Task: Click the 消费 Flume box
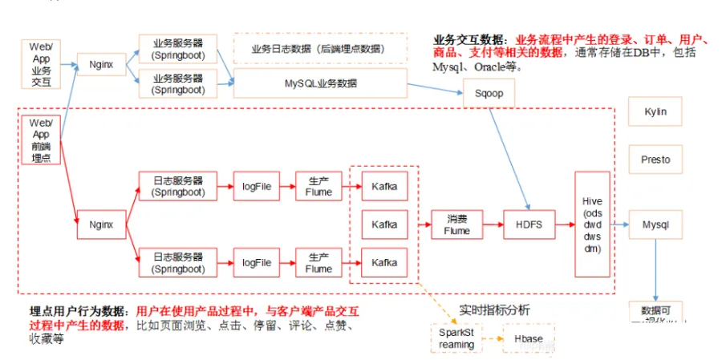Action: (456, 224)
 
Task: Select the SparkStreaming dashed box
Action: (456, 338)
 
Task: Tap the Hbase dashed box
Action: (529, 338)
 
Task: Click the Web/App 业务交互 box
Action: (41, 63)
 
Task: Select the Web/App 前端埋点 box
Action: (41, 140)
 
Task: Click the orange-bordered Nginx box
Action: (101, 63)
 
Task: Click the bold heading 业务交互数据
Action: (471, 39)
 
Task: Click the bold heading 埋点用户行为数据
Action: (76, 311)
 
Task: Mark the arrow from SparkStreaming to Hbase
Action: (492, 338)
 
